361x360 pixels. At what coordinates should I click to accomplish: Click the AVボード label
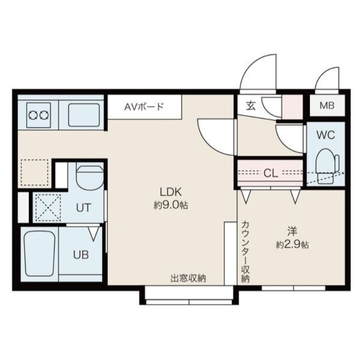(x=144, y=106)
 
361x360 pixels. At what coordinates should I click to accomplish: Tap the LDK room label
(x=171, y=192)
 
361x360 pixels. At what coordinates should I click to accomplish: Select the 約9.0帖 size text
(x=171, y=205)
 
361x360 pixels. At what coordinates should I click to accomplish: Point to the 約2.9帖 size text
(x=292, y=245)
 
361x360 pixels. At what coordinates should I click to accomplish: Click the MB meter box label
(x=327, y=106)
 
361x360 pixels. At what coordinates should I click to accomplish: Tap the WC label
(x=325, y=135)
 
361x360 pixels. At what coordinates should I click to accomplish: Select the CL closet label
(x=271, y=173)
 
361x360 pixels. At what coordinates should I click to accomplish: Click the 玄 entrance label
(x=251, y=106)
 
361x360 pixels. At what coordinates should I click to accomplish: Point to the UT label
(x=83, y=208)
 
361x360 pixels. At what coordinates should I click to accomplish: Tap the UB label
(x=81, y=255)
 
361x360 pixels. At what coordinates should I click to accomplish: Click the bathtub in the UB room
(x=40, y=254)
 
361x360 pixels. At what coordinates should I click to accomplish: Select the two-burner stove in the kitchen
(x=38, y=115)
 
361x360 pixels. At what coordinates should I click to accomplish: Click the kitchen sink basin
(x=84, y=115)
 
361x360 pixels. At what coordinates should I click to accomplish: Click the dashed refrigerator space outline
(x=35, y=172)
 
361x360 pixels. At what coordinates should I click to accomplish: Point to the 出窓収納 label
(x=188, y=278)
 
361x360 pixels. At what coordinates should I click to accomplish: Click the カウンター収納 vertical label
(x=245, y=252)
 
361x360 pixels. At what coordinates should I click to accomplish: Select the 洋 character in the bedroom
(x=292, y=231)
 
